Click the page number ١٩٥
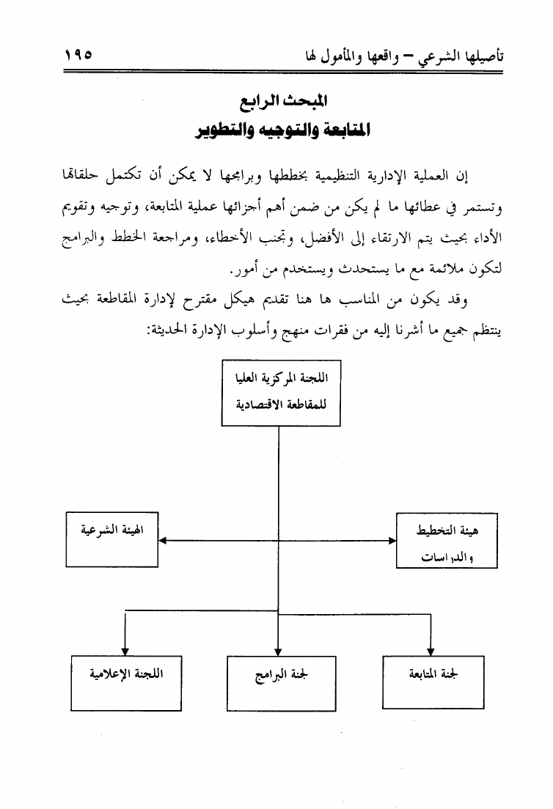pos(82,55)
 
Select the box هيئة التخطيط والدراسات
pos(446,540)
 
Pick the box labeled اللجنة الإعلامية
pos(125,681)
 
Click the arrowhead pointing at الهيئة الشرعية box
pos(164,542)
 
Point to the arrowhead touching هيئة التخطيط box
pos(391,542)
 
